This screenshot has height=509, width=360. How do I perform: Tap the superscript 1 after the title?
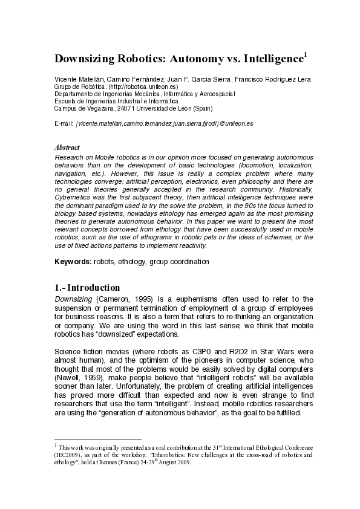[306, 55]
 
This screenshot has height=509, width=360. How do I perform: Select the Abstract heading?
[67, 147]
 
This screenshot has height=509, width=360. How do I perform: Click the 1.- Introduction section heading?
[87, 287]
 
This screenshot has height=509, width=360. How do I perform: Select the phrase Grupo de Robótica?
[75, 87]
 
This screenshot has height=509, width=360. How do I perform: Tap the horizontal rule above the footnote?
[98, 439]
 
